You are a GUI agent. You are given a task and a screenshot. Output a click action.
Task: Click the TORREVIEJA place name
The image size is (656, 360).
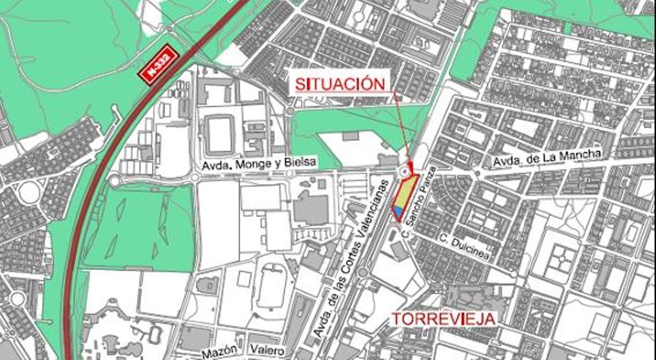[x=444, y=318]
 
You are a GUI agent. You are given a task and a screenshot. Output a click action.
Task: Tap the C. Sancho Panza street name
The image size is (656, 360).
[x=418, y=202]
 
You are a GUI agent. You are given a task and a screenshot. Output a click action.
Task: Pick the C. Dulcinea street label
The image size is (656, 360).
[x=463, y=246]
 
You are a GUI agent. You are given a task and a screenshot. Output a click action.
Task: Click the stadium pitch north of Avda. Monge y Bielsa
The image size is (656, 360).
[x=220, y=134]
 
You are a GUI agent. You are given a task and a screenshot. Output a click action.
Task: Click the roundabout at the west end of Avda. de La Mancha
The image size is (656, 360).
[x=477, y=174]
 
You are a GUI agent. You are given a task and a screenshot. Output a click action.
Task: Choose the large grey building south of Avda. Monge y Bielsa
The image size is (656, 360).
[x=311, y=208]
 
